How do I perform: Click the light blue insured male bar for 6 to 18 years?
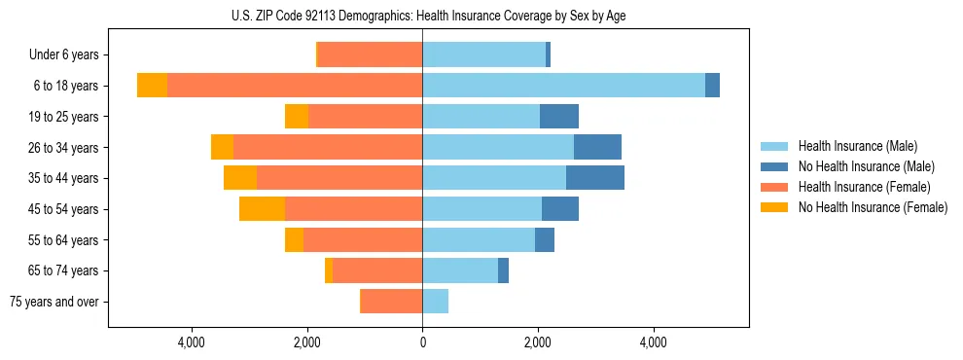pyautogui.click(x=563, y=86)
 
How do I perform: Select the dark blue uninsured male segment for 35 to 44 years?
pyautogui.click(x=594, y=178)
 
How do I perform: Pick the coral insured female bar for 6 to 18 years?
pyautogui.click(x=294, y=86)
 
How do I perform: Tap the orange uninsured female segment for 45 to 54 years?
pyautogui.click(x=262, y=209)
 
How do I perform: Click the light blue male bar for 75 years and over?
pyautogui.click(x=435, y=302)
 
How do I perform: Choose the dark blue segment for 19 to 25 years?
pyautogui.click(x=559, y=117)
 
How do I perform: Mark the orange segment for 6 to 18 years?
pyautogui.click(x=152, y=86)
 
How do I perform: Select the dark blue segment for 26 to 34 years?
pyautogui.click(x=597, y=147)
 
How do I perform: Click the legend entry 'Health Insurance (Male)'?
pyautogui.click(x=857, y=146)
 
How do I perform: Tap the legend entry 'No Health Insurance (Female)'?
pyautogui.click(x=873, y=207)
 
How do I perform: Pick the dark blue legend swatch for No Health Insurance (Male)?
pyautogui.click(x=774, y=166)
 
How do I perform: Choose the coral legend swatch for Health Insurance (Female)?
pyautogui.click(x=774, y=187)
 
